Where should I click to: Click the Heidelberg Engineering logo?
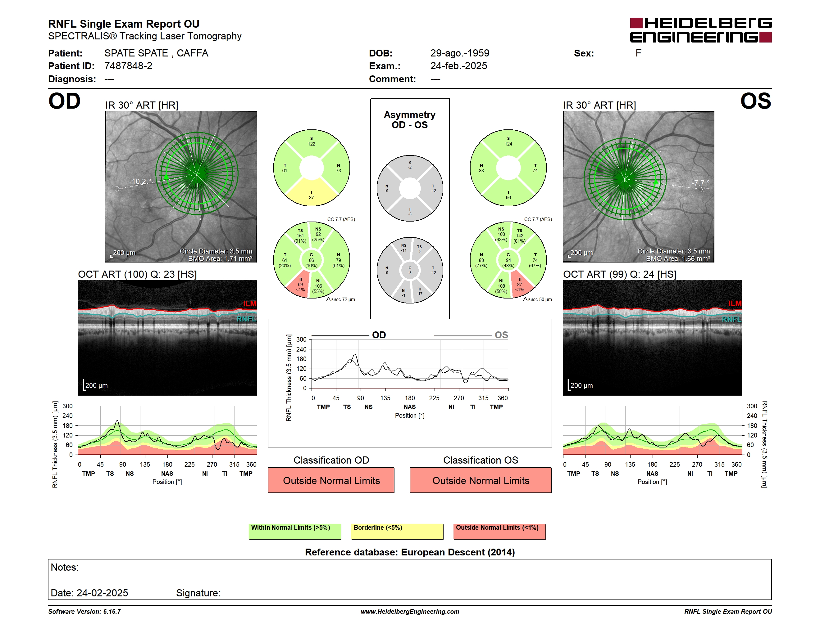tap(701, 30)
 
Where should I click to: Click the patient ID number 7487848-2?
tap(128, 66)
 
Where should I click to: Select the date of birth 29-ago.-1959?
tap(460, 53)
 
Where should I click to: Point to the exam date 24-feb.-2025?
tap(458, 66)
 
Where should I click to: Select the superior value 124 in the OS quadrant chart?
tap(508, 144)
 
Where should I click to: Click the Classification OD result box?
tap(331, 480)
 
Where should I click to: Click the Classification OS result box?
tap(481, 480)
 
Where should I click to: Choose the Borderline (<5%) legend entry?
tap(397, 531)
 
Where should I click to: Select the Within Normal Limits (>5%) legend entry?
tap(295, 531)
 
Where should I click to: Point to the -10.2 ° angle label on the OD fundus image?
tap(140, 182)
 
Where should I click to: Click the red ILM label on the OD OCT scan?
tap(249, 304)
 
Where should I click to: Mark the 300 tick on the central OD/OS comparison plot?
tap(302, 340)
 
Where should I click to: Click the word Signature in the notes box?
tap(198, 593)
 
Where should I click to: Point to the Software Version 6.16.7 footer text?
tap(84, 612)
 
